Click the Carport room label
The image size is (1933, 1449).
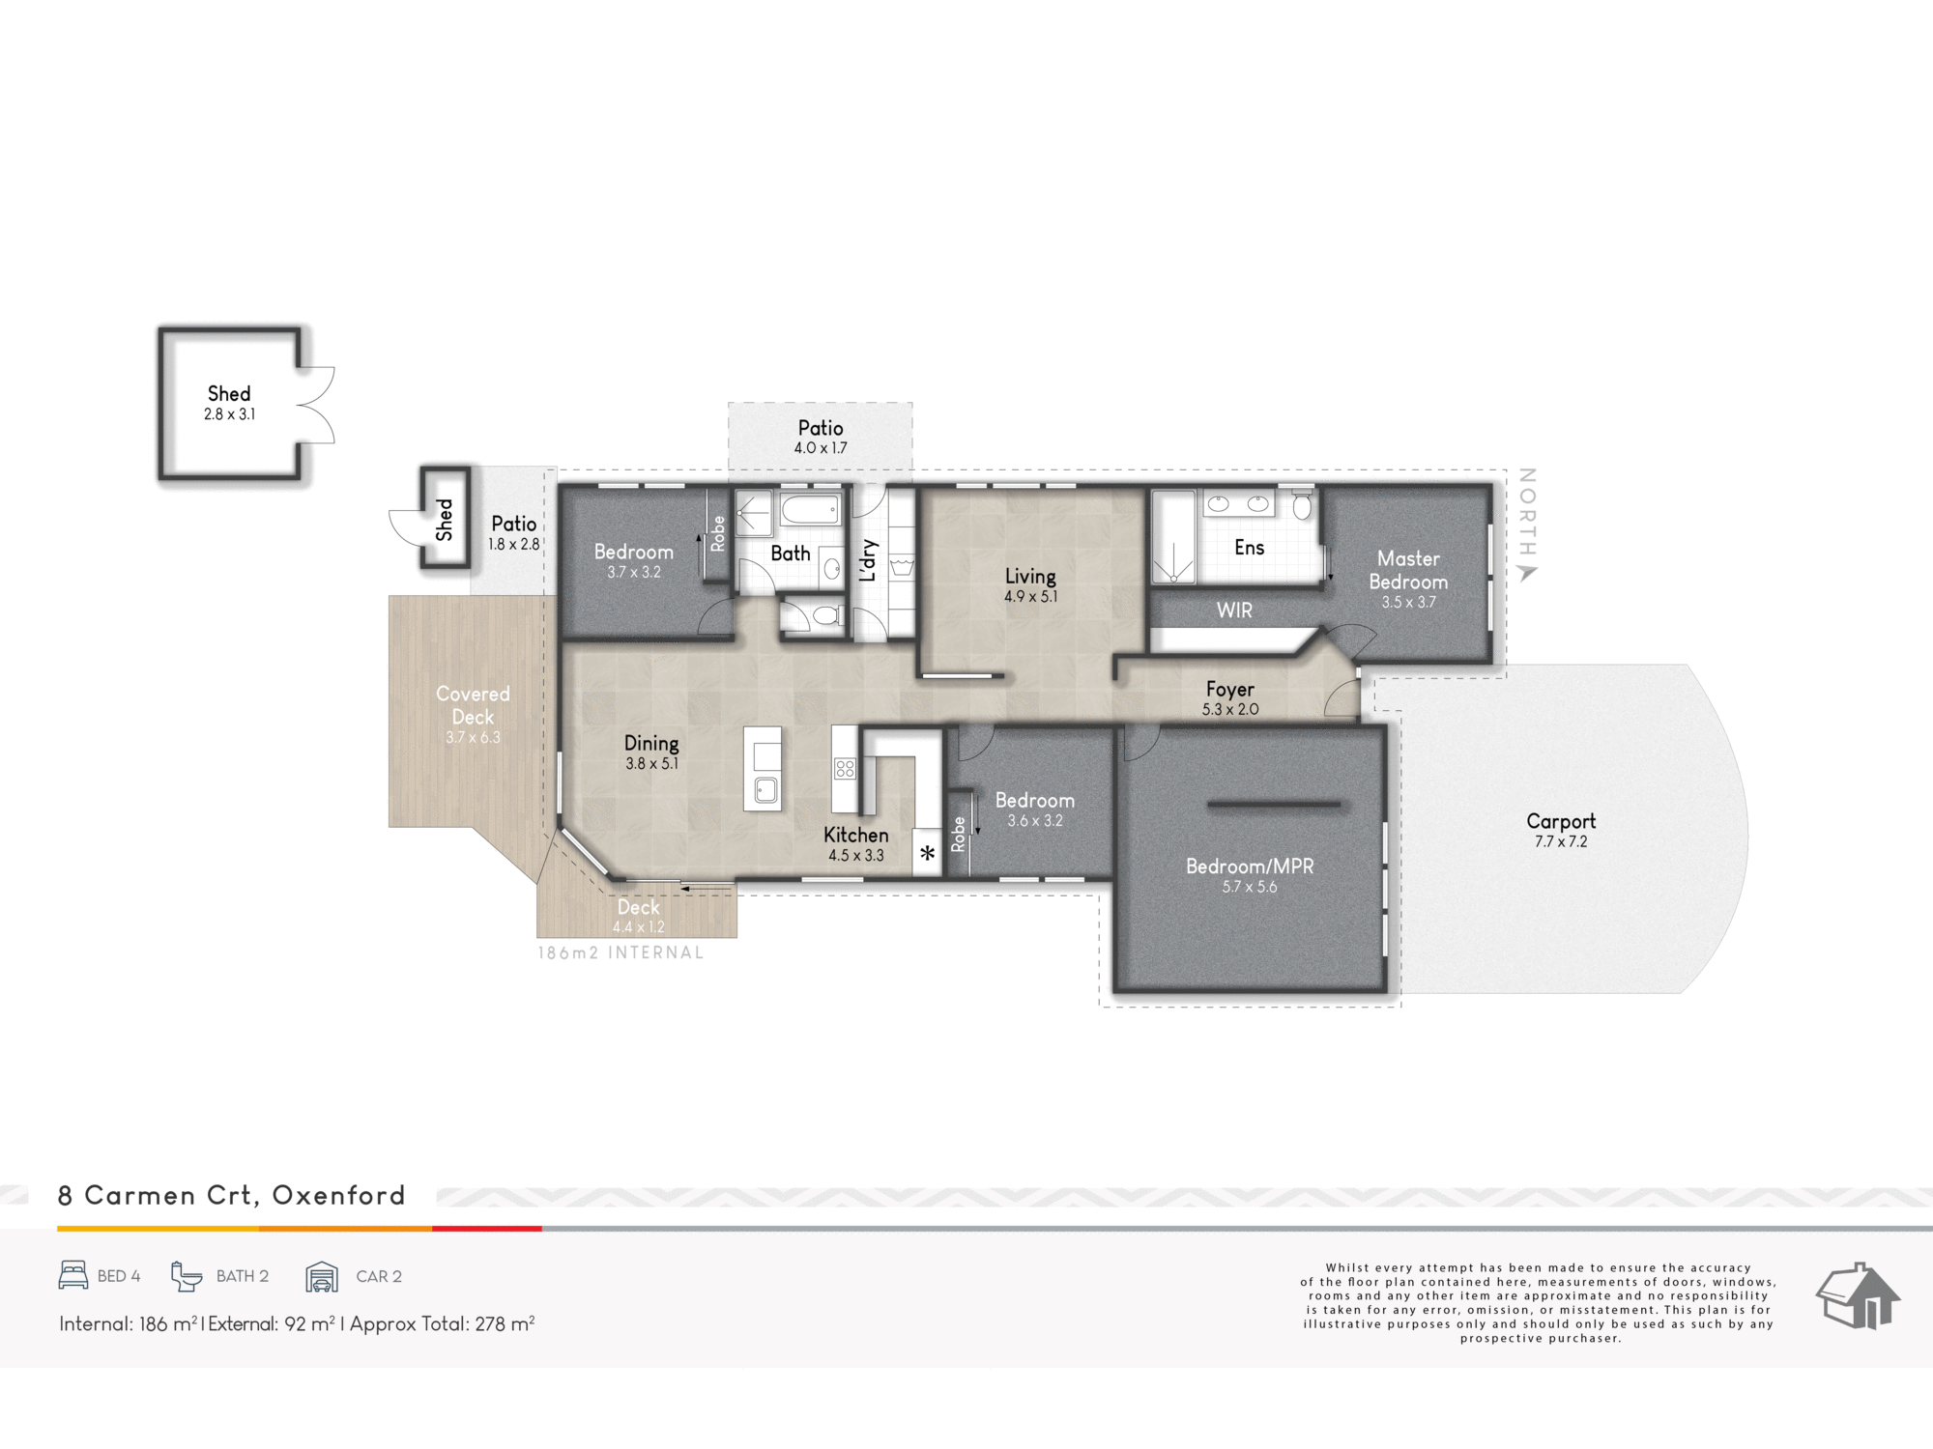(x=1561, y=821)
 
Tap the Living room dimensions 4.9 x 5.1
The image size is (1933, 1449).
(x=1030, y=597)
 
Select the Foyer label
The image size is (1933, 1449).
(x=1229, y=690)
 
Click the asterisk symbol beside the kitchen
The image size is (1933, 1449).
(x=928, y=853)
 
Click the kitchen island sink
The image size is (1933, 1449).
(x=765, y=790)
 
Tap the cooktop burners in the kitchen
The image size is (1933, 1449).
(x=845, y=769)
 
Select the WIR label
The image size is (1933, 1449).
(x=1234, y=611)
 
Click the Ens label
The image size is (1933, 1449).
(x=1249, y=548)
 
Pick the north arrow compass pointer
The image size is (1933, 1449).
(x=1528, y=573)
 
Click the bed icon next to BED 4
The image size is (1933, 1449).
(x=73, y=1275)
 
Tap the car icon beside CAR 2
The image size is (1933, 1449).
(x=322, y=1276)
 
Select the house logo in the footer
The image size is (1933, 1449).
(x=1858, y=1296)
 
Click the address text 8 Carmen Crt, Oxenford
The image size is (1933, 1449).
(x=232, y=1196)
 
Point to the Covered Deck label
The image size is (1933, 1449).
(x=473, y=705)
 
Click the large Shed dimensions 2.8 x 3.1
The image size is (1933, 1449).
(x=229, y=414)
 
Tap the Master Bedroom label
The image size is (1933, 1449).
(x=1408, y=570)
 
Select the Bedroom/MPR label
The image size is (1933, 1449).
(x=1250, y=867)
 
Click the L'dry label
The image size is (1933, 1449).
(x=868, y=561)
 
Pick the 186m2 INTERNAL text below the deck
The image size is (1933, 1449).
(x=620, y=952)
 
